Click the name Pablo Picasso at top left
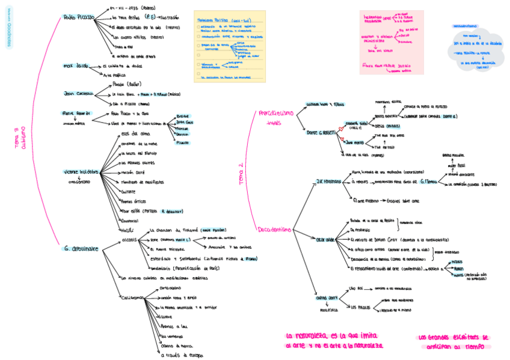tap(79, 17)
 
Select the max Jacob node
tap(75, 66)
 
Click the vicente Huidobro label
tap(79, 172)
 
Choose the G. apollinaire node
tap(82, 248)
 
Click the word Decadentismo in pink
tap(274, 230)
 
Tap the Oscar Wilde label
tap(325, 240)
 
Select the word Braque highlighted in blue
tap(183, 115)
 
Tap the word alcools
tap(130, 239)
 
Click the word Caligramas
tap(132, 297)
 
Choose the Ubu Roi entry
tap(356, 289)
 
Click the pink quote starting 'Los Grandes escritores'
tap(454, 341)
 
